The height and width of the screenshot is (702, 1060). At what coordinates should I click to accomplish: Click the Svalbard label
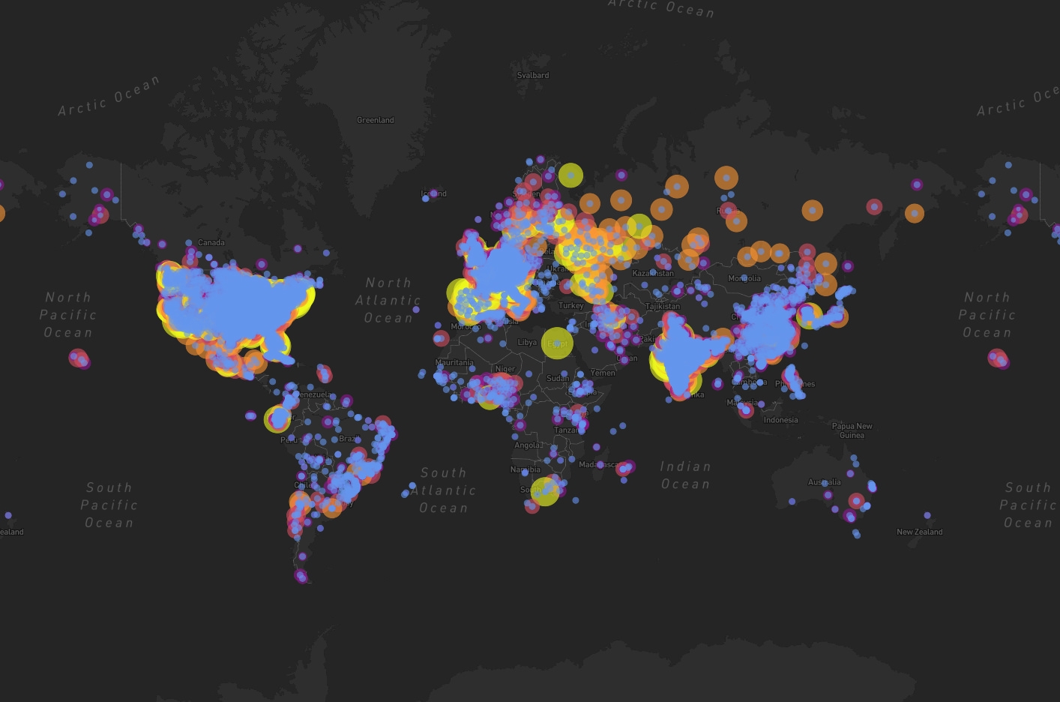(532, 75)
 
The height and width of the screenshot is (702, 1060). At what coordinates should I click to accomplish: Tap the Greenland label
(375, 120)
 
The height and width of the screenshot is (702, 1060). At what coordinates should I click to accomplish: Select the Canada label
(211, 242)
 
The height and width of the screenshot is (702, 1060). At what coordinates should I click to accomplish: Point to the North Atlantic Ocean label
(388, 300)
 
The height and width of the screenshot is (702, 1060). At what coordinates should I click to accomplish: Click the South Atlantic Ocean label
(443, 490)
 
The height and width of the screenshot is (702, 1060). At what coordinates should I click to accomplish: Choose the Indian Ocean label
(685, 475)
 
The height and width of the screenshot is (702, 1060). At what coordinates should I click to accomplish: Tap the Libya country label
(527, 342)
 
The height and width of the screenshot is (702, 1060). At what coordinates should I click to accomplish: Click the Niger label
(505, 368)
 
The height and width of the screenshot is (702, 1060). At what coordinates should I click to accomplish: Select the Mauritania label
(454, 362)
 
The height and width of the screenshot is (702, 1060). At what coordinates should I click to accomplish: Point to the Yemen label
(603, 372)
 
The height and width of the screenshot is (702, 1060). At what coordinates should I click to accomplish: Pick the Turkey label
(570, 305)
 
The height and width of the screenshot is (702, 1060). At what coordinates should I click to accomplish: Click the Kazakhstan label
(653, 273)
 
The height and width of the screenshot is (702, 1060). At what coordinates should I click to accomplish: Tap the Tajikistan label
(663, 306)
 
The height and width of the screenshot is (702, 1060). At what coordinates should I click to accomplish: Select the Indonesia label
(780, 420)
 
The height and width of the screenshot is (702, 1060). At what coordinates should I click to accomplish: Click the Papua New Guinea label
(852, 430)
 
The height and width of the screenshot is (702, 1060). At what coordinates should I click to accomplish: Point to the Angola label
(528, 445)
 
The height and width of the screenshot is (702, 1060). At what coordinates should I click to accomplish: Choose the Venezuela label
(314, 394)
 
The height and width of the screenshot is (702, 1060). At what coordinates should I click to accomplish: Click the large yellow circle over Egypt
(557, 343)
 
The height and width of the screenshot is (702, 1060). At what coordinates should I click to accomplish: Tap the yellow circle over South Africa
(545, 491)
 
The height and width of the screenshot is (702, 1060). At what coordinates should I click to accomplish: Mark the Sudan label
(557, 378)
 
